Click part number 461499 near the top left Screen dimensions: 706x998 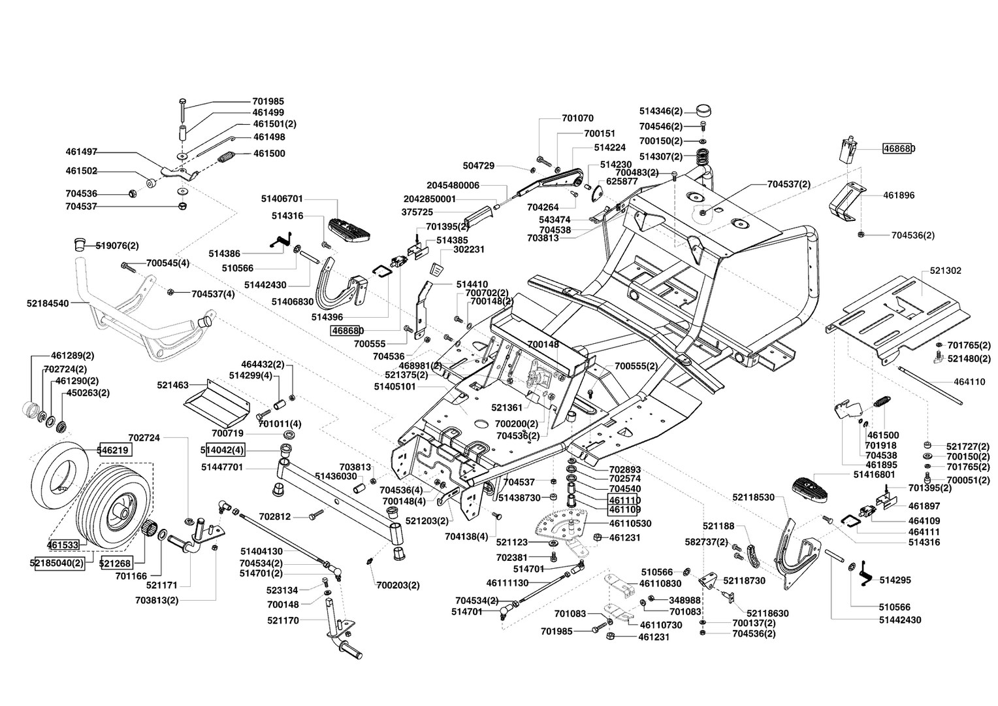268,112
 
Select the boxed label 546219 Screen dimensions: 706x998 114,450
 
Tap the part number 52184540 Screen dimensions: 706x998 48,303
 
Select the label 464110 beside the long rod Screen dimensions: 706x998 969,382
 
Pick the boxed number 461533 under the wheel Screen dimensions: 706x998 63,544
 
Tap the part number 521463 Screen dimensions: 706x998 172,386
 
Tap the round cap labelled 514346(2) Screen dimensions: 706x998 703,110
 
